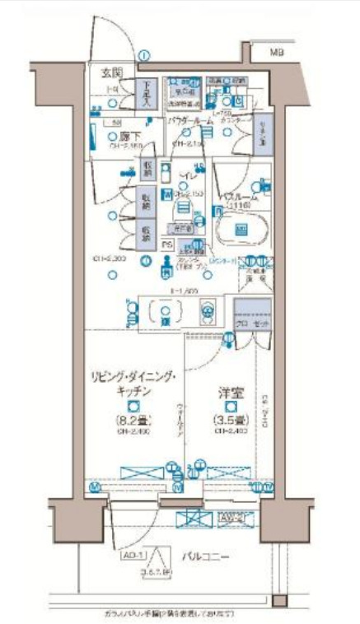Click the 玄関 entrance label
[x=111, y=73]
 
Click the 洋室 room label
[x=230, y=393]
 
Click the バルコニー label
[x=205, y=555]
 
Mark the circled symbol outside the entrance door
[x=145, y=55]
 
